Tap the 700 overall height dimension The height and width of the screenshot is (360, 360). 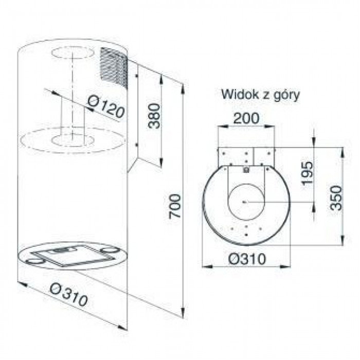pos(175,205)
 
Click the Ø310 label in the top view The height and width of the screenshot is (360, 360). pos(245,259)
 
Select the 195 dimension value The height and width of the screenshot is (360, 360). pos(307,174)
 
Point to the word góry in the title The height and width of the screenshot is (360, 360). pos(288,96)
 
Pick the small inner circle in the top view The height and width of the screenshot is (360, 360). pos(245,201)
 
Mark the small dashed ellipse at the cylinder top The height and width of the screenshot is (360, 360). pos(72,55)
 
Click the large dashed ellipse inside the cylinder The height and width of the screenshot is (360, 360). pos(72,140)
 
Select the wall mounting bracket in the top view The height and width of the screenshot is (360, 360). pos(245,157)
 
